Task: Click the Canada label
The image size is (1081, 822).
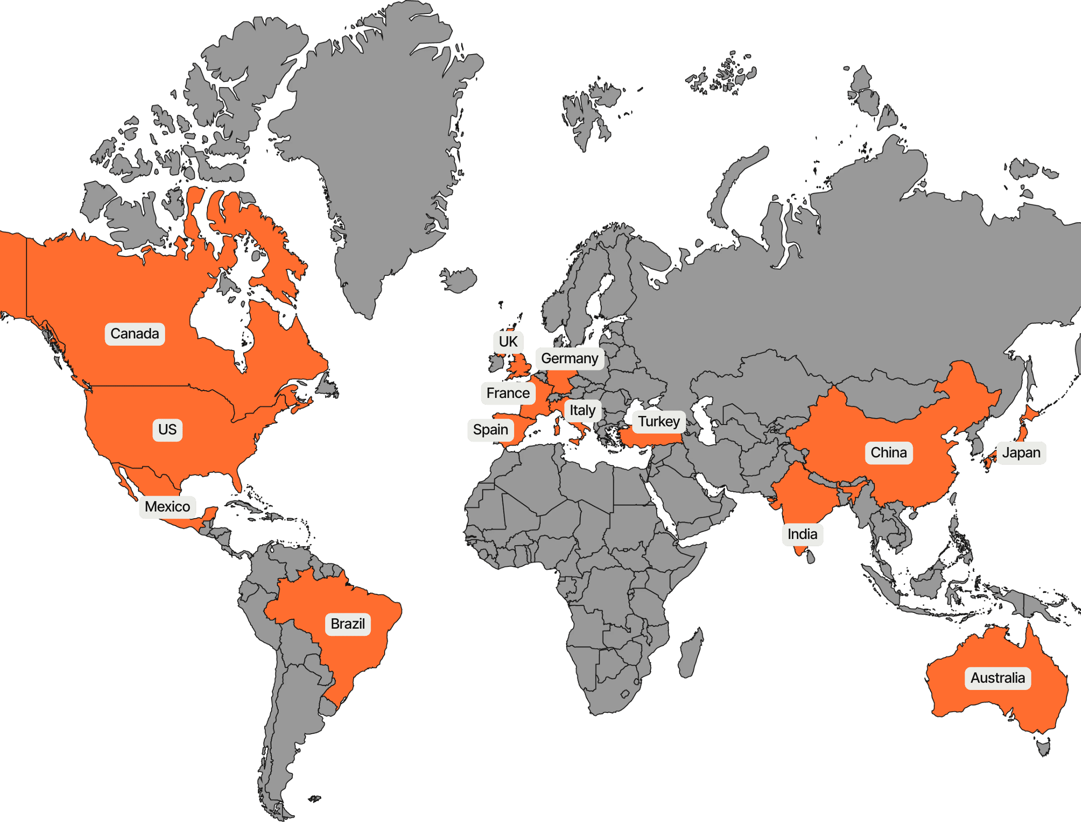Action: (x=135, y=333)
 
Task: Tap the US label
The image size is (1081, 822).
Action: (x=167, y=429)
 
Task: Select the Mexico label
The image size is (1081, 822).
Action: (x=167, y=507)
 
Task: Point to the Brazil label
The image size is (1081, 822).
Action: (x=348, y=624)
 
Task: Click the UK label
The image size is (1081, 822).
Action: (x=508, y=342)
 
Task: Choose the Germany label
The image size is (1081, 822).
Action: (x=570, y=359)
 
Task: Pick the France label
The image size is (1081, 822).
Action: (x=508, y=393)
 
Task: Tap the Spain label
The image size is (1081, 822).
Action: (x=490, y=429)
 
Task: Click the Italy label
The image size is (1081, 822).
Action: (x=582, y=410)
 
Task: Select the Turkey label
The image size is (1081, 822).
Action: (x=658, y=421)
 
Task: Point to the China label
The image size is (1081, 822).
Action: (x=888, y=452)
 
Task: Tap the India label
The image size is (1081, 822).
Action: (x=802, y=534)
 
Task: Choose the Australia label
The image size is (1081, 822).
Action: (x=997, y=678)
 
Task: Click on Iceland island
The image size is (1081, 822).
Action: (x=459, y=280)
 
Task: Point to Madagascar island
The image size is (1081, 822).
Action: (x=691, y=653)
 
